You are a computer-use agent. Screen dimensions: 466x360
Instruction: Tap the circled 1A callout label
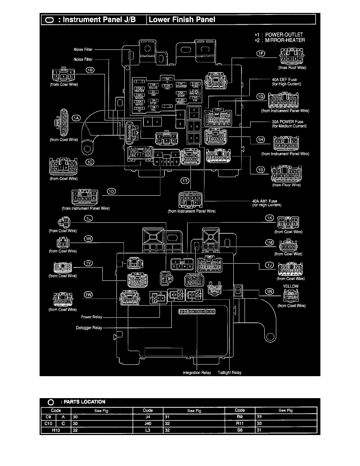point(76,118)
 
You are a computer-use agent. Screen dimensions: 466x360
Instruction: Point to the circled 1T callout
point(185,180)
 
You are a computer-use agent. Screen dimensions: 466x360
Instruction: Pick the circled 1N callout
point(269,291)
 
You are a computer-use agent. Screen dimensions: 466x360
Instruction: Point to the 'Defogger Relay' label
point(89,328)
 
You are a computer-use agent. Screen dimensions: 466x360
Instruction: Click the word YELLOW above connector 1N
point(291,286)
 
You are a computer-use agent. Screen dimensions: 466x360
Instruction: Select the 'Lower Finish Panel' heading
point(182,20)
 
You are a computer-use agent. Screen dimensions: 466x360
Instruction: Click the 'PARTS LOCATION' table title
point(87,402)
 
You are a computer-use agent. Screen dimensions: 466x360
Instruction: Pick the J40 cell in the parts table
point(147,424)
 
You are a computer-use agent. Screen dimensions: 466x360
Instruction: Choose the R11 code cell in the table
point(240,424)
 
